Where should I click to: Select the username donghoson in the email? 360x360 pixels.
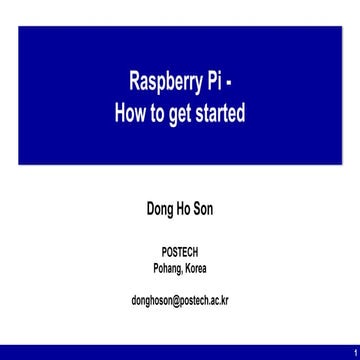(x=151, y=299)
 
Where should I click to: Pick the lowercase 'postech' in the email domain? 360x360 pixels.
(x=198, y=299)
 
